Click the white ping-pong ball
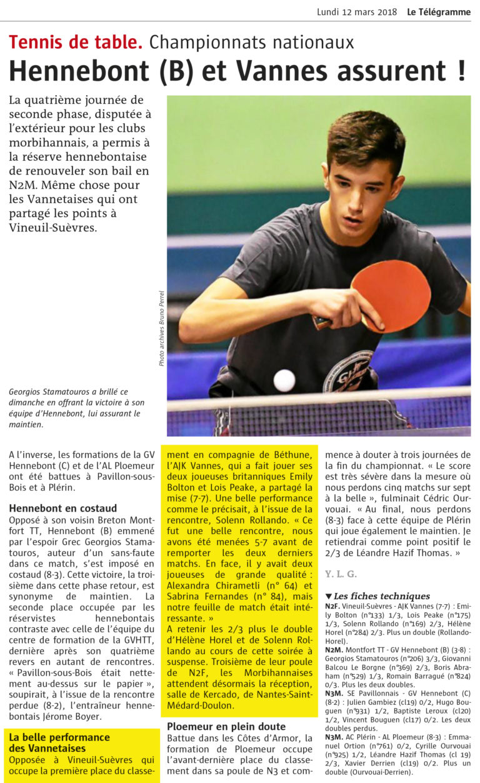[284, 380]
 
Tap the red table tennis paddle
[394, 295]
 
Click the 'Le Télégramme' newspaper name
[439, 12]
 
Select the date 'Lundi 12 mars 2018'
[357, 12]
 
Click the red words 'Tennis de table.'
[76, 43]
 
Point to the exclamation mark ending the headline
[461, 71]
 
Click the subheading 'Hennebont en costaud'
[63, 508]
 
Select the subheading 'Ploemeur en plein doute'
[226, 726]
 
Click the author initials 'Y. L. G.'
[341, 574]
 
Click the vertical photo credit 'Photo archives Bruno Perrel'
[161, 328]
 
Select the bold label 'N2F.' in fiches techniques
[332, 606]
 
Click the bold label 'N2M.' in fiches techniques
[333, 650]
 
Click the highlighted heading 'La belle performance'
[59, 737]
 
